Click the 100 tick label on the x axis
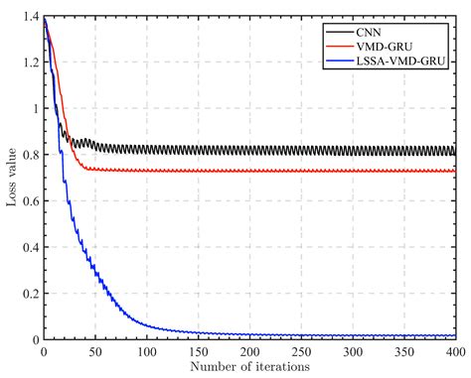(146, 352)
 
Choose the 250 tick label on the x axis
(301, 352)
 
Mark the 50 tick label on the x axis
(94, 352)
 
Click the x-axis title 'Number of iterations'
(248, 367)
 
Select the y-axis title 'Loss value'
(12, 179)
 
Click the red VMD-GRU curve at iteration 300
(353, 171)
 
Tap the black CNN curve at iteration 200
(249, 151)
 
